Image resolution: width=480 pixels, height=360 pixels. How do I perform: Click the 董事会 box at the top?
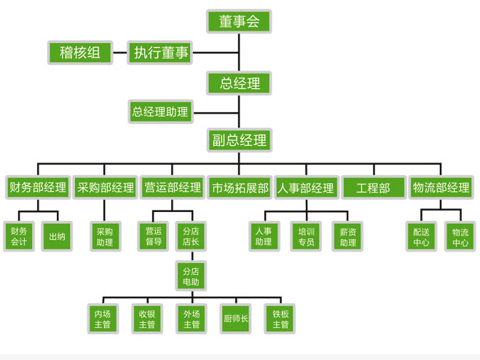pos(240,21)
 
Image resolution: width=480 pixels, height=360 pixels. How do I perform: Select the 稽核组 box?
pos(80,52)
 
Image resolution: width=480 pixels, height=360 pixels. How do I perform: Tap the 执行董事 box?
pos(160,52)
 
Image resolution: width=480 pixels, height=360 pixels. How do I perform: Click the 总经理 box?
pos(240,83)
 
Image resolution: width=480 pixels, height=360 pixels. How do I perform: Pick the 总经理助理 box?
pos(160,112)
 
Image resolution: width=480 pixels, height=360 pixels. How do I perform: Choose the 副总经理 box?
pos(240,140)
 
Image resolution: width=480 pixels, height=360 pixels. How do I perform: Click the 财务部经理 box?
pos(37,187)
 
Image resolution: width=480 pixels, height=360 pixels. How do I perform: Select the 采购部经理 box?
pos(106,187)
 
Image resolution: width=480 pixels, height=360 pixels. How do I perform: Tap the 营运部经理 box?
pos(173,187)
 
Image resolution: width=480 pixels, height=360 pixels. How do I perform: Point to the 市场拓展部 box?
pos(240,187)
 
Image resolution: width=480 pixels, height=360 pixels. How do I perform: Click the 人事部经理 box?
pos(307,187)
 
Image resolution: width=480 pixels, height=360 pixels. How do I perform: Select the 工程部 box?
pos(373,187)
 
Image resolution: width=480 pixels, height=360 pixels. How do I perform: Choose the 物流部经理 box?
pos(441,187)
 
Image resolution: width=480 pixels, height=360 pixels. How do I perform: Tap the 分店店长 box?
pos(191,236)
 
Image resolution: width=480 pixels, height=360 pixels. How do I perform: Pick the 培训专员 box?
pos(306,236)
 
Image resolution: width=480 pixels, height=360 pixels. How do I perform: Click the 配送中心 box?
pos(421,236)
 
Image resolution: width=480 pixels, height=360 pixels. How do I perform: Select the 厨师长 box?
pos(236,318)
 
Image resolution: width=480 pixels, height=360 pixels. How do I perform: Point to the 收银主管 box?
pos(146,318)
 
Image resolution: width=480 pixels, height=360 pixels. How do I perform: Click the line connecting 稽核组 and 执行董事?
pos(120,52)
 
